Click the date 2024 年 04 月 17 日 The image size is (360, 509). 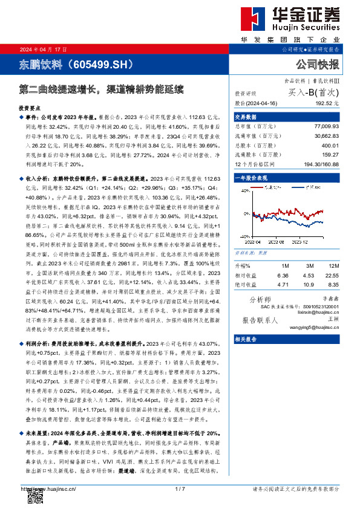(x=44, y=49)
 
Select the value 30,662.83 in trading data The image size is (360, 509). (x=327, y=137)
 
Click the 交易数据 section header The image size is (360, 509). (x=245, y=117)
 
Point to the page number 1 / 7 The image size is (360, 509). (x=179, y=489)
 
